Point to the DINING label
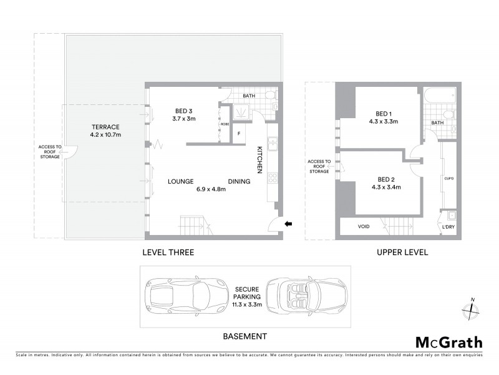[x=239, y=181]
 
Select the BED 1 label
[x=383, y=114]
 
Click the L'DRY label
[x=448, y=227]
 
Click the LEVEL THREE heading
[x=169, y=252]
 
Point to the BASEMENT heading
[x=245, y=336]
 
